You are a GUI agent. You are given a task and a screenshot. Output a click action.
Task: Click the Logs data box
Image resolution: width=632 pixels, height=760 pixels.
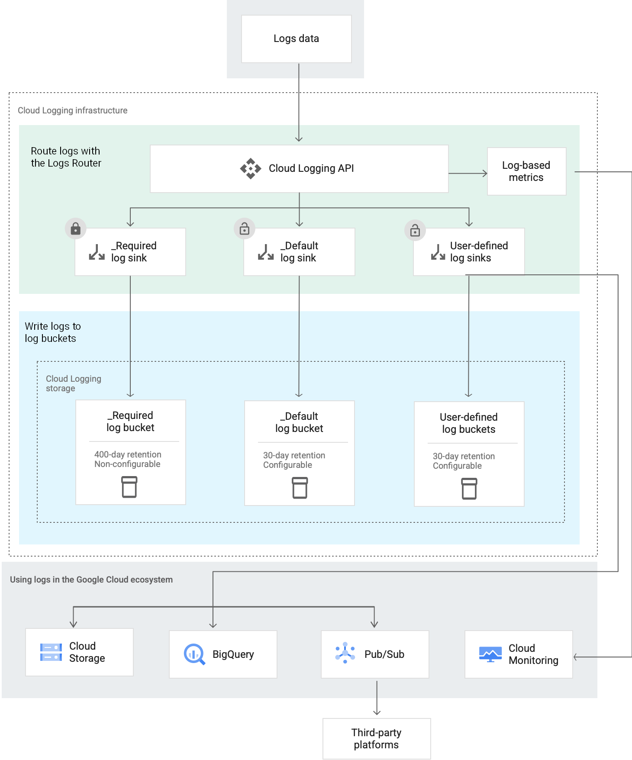[296, 39]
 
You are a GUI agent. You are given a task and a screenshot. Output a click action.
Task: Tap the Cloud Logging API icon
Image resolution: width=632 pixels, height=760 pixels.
[251, 168]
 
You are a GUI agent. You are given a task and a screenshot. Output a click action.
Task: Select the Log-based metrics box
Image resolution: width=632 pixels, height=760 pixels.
[526, 171]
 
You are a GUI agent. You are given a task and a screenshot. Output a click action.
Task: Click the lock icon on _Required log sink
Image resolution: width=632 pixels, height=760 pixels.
[76, 228]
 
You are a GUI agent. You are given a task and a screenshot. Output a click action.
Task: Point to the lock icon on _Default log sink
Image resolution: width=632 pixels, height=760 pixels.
[245, 228]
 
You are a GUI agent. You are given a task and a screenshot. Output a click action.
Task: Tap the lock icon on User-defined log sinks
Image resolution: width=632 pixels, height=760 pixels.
[415, 230]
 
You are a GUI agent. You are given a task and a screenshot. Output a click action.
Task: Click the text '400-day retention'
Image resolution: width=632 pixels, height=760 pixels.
[128, 454]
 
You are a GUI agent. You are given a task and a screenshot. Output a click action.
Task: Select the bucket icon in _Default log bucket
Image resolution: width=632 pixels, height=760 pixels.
[300, 488]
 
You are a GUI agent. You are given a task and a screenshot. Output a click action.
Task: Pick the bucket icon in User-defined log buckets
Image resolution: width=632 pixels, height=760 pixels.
[469, 489]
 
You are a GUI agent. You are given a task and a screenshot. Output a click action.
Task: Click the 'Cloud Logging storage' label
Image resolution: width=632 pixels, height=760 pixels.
[73, 383]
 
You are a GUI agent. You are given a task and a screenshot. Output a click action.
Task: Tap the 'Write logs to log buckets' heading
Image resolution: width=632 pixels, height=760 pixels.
[52, 332]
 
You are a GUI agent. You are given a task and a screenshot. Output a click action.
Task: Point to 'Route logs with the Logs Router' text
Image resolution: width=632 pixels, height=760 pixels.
[66, 157]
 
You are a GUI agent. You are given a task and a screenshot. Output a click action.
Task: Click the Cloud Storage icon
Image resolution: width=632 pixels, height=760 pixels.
[51, 652]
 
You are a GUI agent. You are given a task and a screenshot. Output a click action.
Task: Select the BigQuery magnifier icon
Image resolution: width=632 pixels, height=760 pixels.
[194, 654]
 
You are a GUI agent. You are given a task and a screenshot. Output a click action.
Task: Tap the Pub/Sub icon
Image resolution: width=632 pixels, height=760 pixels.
[345, 653]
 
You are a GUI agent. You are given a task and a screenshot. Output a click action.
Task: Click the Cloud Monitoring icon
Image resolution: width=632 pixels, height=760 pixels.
[490, 654]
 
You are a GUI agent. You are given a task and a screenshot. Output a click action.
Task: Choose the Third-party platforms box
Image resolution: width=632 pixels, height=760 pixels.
[377, 738]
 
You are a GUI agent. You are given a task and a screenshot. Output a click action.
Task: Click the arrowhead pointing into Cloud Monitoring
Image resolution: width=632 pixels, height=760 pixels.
[576, 657]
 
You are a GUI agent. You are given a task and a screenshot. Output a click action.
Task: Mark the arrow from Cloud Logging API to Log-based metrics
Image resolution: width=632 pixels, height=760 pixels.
[468, 174]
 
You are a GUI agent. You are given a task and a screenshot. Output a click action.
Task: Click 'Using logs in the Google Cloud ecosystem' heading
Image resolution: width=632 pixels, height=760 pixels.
[91, 580]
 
